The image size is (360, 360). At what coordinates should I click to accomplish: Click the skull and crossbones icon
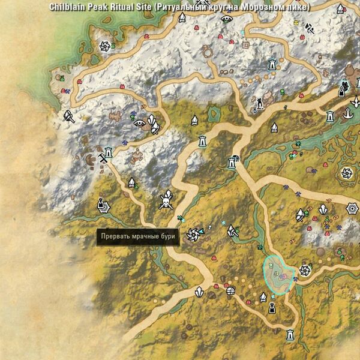pyautogui.click(x=166, y=201)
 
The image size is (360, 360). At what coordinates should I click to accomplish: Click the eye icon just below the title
pyautogui.click(x=226, y=19)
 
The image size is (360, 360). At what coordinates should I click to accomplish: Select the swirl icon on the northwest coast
pyautogui.click(x=105, y=46)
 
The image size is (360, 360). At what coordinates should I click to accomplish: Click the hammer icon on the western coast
pyautogui.click(x=70, y=116)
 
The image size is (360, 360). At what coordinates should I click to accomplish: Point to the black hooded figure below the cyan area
pyautogui.click(x=272, y=308)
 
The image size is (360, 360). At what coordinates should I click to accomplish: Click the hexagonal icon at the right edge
pyautogui.click(x=353, y=208)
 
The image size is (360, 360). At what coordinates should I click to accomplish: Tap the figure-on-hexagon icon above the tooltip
pyautogui.click(x=101, y=205)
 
